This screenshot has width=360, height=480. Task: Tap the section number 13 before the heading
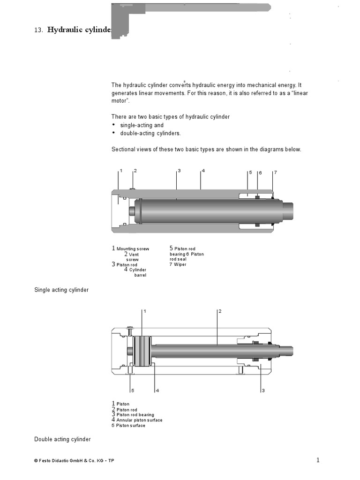click(38, 30)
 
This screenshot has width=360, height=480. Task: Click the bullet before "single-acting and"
click(113, 125)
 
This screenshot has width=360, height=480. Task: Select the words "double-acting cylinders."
click(150, 133)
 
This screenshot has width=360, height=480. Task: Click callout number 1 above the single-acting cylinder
click(121, 171)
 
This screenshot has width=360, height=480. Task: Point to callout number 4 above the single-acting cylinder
click(203, 171)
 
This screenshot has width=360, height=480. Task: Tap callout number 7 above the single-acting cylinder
click(276, 172)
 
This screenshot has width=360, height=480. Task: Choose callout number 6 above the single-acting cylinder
click(260, 173)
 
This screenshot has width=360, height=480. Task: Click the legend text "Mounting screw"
click(133, 249)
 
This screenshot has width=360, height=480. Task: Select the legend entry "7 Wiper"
click(178, 264)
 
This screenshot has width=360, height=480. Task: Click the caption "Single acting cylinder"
click(61, 290)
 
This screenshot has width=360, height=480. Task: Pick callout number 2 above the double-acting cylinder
click(219, 311)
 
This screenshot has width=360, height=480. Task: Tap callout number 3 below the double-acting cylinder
click(263, 390)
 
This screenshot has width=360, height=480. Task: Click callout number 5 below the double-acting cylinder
click(133, 390)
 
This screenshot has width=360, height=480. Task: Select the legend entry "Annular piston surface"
click(139, 420)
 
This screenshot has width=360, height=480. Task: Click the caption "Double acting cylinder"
click(62, 439)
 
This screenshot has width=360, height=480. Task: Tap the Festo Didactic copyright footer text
click(74, 461)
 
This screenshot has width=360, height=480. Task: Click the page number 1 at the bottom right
click(318, 460)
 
